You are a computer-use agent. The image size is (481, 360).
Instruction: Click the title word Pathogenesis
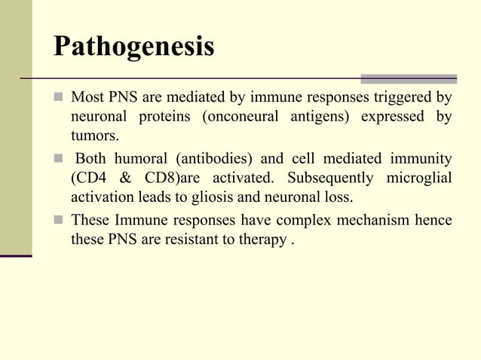coord(133,46)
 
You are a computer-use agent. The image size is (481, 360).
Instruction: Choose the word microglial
coord(418,178)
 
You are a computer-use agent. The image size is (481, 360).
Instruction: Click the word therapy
coord(263,240)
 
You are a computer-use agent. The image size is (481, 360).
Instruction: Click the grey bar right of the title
coord(409,78)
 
